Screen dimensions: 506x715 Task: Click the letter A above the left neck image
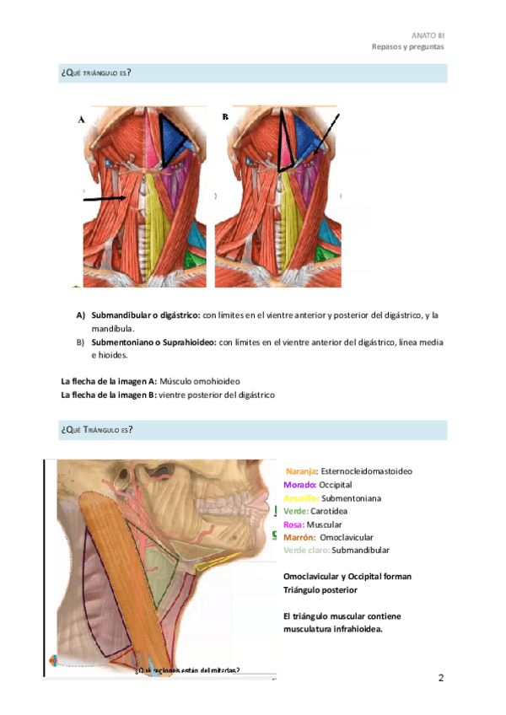click(82, 121)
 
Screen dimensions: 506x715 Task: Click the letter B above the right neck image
click(225, 117)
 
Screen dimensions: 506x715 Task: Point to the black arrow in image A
click(105, 200)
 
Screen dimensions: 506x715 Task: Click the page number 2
click(440, 678)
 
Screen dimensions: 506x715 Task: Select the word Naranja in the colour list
click(301, 471)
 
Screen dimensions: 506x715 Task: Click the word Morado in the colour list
click(299, 485)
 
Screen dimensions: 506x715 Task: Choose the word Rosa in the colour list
click(293, 524)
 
